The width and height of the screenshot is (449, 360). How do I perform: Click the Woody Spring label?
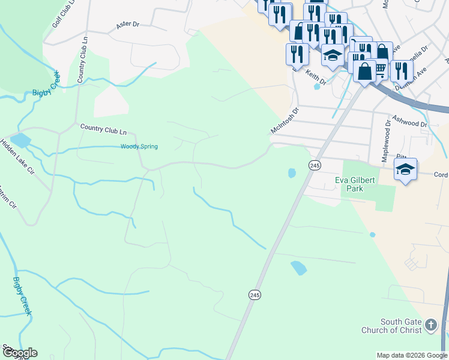pyautogui.click(x=139, y=146)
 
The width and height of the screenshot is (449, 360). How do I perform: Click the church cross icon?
pyautogui.click(x=431, y=326)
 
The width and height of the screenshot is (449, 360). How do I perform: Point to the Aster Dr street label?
pyautogui.click(x=127, y=25)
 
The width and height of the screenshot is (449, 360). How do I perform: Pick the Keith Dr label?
pyautogui.click(x=315, y=77)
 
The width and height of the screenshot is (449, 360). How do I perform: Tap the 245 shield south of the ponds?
pyautogui.click(x=255, y=295)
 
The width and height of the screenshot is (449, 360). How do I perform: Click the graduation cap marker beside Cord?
pyautogui.click(x=406, y=169)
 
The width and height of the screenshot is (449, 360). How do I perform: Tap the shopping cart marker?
pyautogui.click(x=380, y=70)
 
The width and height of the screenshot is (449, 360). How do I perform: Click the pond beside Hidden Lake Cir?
pyautogui.click(x=20, y=140)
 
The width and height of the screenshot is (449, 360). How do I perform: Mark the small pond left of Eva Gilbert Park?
pyautogui.click(x=292, y=173)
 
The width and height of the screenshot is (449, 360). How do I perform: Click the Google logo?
pyautogui.click(x=19, y=353)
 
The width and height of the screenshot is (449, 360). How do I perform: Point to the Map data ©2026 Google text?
pyautogui.click(x=412, y=355)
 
